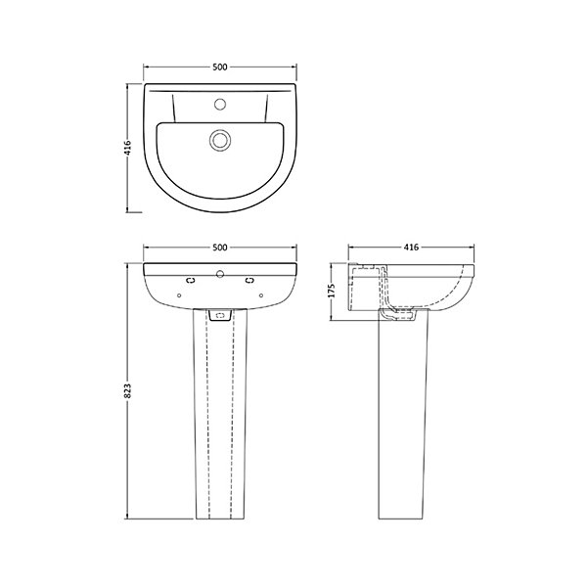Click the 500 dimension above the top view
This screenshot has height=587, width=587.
click(220, 67)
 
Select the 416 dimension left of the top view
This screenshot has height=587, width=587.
click(127, 148)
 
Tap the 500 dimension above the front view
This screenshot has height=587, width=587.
click(220, 248)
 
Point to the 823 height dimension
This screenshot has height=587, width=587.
click(127, 390)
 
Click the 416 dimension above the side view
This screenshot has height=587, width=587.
click(411, 248)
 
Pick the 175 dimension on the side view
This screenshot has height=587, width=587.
click(331, 291)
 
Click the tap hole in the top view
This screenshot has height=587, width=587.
click(220, 104)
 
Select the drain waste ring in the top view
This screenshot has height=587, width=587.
click(220, 140)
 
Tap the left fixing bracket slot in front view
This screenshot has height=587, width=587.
click(191, 280)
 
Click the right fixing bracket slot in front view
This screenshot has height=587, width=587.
click(249, 280)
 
